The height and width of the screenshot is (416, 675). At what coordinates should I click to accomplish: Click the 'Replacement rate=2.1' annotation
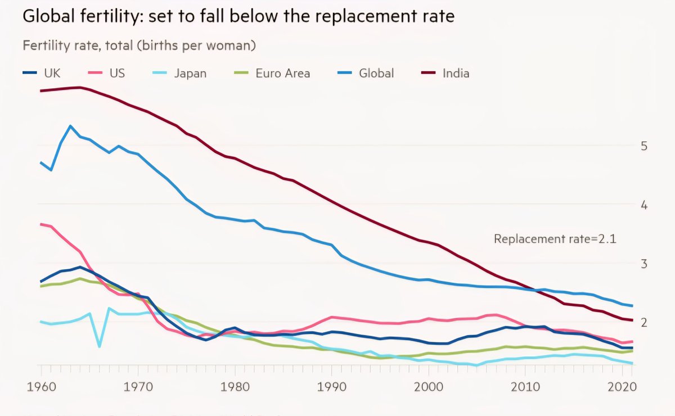pos(555,239)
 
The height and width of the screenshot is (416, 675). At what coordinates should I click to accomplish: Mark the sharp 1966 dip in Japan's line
pos(100,346)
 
